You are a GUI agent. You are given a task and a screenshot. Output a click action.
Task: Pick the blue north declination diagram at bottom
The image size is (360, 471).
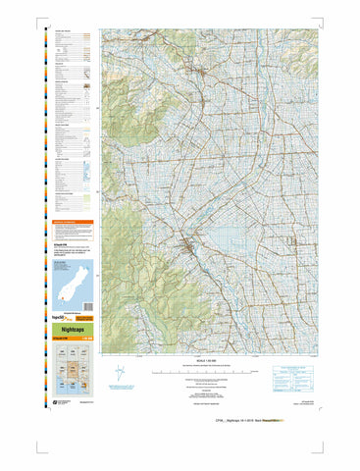(x=120, y=374)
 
